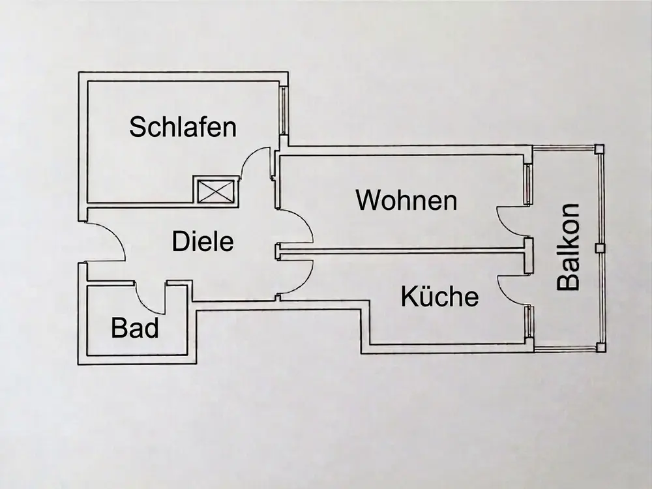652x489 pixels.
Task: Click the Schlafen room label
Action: [x=183, y=126]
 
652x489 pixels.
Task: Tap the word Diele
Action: [x=203, y=242]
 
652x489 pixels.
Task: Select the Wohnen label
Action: [x=406, y=200]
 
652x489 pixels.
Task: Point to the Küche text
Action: [x=439, y=297]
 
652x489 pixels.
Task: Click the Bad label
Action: [x=135, y=328]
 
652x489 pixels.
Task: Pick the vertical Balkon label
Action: [x=569, y=246]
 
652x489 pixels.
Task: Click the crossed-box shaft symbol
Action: [x=216, y=190]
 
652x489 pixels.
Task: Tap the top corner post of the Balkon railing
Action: [x=599, y=149]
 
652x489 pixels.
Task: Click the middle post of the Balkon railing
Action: [x=598, y=248]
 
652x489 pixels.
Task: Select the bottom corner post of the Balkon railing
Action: [x=598, y=348]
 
